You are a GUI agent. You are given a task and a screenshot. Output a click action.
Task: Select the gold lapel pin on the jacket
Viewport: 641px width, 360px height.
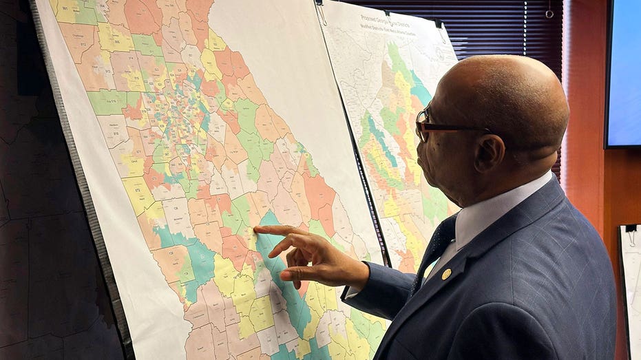click(446, 274)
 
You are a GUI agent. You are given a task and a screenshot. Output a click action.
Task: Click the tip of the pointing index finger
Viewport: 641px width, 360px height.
click(257, 230)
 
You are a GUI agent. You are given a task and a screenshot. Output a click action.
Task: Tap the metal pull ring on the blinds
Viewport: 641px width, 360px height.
click(549, 12)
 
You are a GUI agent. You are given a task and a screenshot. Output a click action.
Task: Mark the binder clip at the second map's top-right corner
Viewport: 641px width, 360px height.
click(438, 23)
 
